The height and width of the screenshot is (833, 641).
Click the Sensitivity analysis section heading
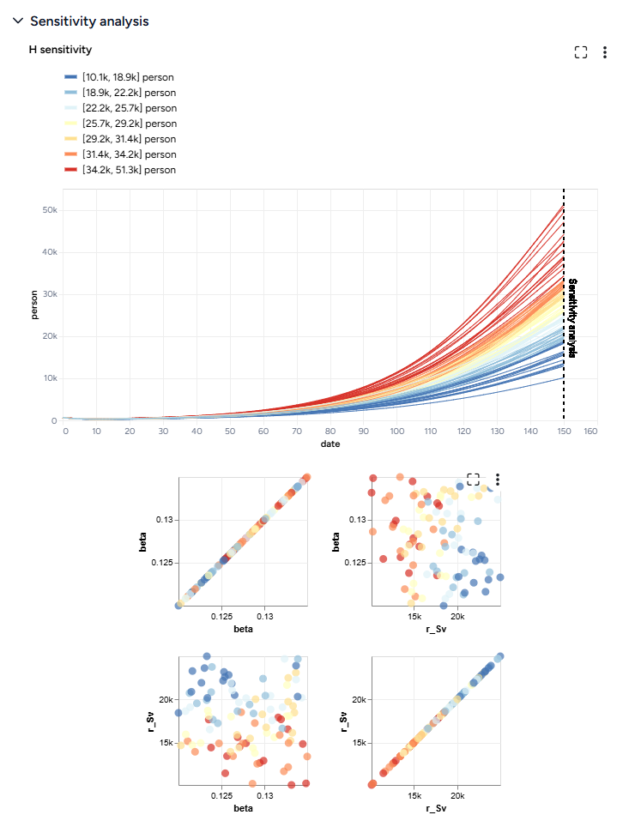tap(89, 21)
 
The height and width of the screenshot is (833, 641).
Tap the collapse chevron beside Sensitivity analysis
tap(18, 21)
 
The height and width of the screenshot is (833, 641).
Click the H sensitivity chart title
tap(61, 50)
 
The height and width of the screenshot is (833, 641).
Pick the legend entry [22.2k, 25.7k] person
tap(129, 108)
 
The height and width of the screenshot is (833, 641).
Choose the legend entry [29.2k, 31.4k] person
tap(129, 139)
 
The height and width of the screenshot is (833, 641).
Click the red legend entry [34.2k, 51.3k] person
tap(129, 170)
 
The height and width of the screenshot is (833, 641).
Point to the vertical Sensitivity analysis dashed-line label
tap(572, 317)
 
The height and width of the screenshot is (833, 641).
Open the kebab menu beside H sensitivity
tap(605, 52)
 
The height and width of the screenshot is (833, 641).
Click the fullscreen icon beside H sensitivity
tap(581, 52)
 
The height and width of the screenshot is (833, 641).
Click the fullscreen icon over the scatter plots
tap(473, 480)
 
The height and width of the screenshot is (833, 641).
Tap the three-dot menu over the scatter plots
tap(497, 480)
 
